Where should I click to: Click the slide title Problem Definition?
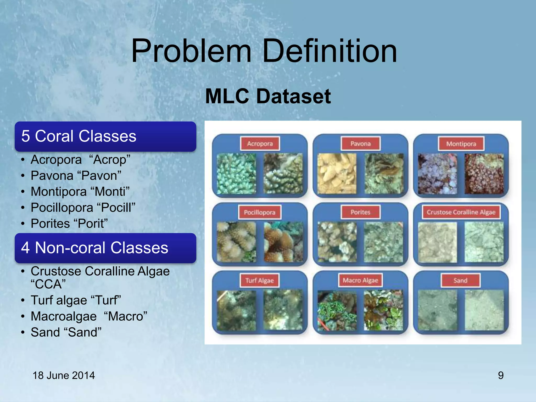[264, 51]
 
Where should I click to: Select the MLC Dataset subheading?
[268, 96]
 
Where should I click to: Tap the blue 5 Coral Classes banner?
[105, 136]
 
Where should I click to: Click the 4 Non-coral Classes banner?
[105, 248]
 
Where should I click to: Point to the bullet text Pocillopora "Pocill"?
[83, 208]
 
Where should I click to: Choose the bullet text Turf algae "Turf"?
[76, 300]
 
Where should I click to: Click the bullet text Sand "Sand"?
[66, 332]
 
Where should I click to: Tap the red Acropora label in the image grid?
[260, 143]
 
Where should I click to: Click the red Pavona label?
[360, 143]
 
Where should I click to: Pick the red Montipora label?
[461, 144]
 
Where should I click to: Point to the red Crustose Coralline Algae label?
[461, 212]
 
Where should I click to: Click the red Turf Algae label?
[259, 281]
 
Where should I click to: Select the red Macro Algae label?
[360, 280]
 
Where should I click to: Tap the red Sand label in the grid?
[460, 281]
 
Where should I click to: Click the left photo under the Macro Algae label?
[337, 310]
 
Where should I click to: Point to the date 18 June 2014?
[64, 375]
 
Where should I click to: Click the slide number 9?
[500, 375]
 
